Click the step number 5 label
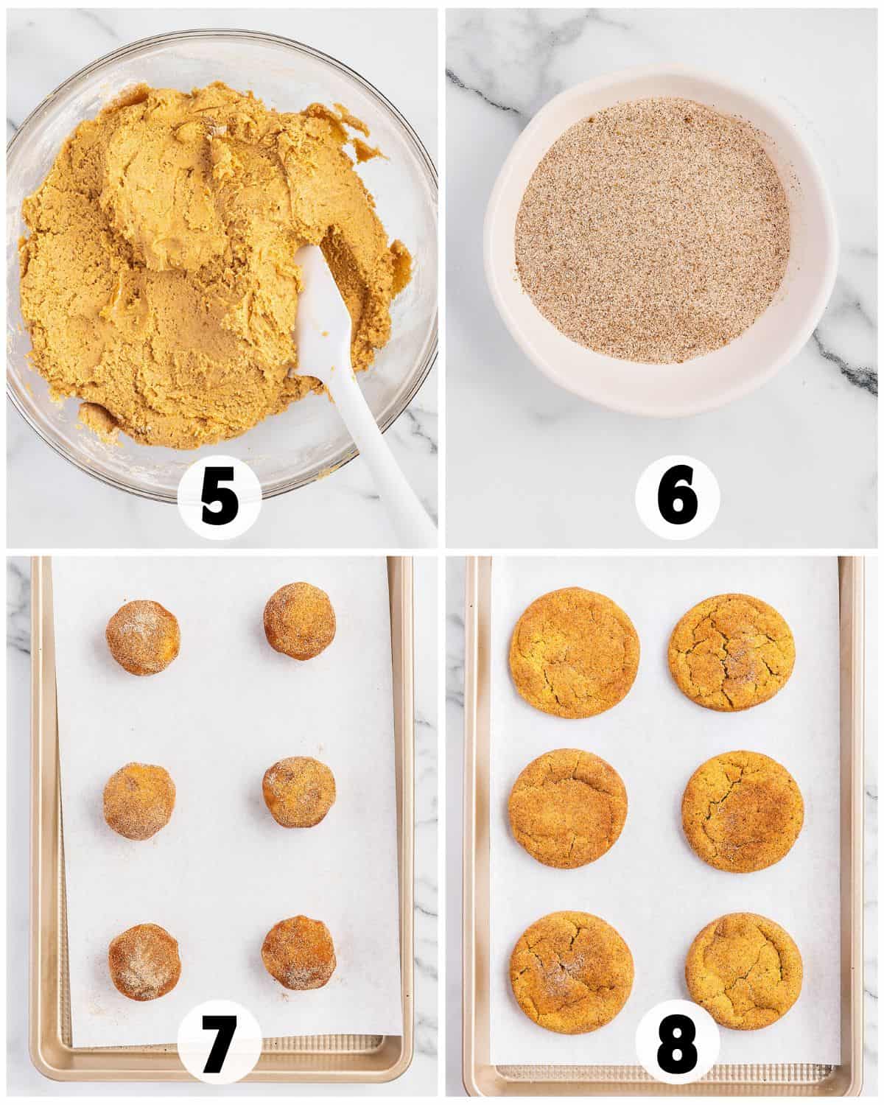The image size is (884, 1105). coord(218,499)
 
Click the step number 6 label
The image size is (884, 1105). coord(676,499)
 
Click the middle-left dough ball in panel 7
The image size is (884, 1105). coord(139,801)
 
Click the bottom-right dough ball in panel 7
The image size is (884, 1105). coord(297,951)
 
